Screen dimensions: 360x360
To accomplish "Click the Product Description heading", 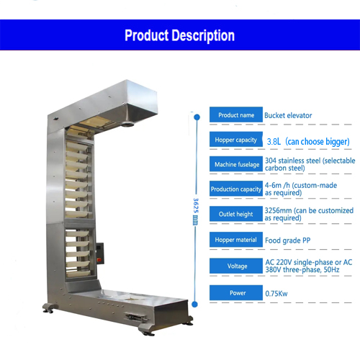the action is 180,35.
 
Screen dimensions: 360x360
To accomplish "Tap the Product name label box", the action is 236,114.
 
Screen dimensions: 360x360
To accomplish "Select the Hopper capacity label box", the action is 236,139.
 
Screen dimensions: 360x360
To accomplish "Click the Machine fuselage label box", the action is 236,164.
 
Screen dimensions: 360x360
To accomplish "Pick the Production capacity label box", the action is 236,189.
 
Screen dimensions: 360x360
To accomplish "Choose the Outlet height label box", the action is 236,214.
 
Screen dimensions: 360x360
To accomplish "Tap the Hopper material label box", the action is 236,240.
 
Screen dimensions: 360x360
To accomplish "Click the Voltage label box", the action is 236,266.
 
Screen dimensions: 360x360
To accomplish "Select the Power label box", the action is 236,293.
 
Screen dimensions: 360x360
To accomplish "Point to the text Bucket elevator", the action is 288,115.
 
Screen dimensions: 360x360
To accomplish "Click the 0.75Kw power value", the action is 276,294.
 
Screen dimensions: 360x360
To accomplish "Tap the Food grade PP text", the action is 287,240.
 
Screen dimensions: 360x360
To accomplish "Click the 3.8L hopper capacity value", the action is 274,142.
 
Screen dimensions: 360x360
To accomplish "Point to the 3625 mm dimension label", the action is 196,212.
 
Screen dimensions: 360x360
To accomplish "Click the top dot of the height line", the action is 197,117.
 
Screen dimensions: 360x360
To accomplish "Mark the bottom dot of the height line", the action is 195,305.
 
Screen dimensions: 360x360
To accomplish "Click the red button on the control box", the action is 99,260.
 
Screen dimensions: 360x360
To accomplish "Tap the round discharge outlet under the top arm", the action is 127,125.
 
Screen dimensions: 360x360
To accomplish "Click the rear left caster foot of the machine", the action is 50,308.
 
